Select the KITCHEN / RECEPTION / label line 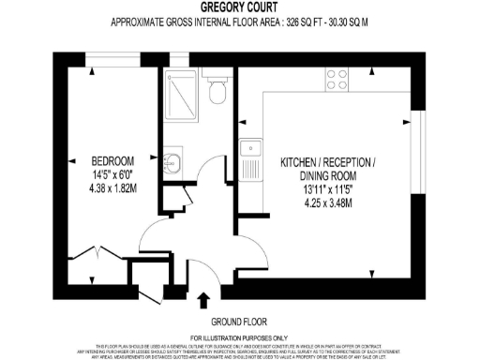tap(328, 163)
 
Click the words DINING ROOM tap(328, 176)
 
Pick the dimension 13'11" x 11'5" tap(328, 189)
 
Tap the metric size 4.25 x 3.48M tap(328, 202)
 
